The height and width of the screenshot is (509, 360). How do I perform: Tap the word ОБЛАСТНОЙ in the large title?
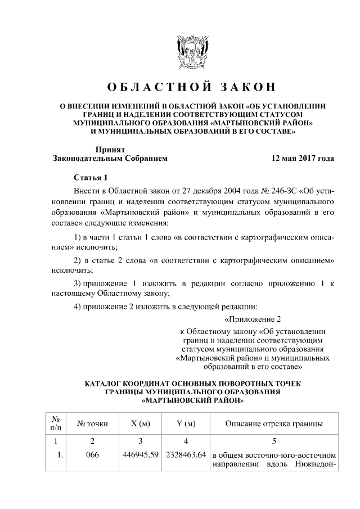point(150,87)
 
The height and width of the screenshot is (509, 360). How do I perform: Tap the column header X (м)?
point(139,423)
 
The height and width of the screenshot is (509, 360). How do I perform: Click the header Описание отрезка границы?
point(273,423)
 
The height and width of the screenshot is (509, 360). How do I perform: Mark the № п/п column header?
point(56,423)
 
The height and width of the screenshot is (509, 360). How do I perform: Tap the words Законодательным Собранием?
point(110,159)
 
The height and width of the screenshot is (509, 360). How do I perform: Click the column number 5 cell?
point(273,441)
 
